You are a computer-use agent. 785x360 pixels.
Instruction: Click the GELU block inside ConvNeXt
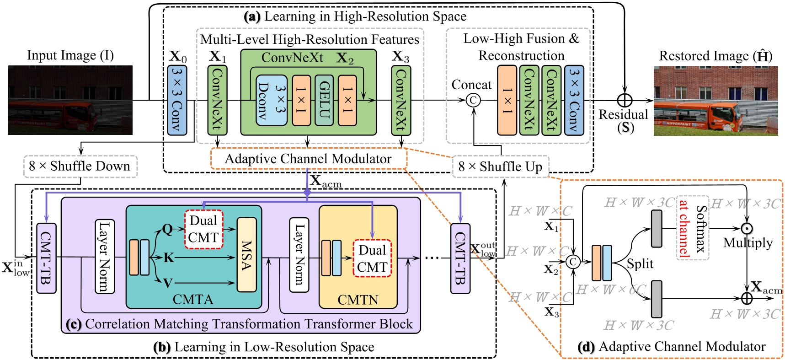tap(324, 100)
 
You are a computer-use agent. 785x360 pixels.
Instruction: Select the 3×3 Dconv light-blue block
tap(272, 100)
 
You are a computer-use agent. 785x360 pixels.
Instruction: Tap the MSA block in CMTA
tap(246, 254)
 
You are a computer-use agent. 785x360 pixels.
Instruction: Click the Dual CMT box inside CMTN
tap(372, 258)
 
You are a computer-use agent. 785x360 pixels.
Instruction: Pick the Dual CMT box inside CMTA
tap(203, 229)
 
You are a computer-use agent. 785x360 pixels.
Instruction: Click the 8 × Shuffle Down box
tap(80, 166)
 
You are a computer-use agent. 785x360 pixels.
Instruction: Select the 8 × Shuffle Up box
tap(501, 167)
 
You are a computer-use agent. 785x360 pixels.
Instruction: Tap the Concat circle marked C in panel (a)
tap(473, 100)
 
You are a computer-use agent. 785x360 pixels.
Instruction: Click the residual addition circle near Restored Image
tap(625, 100)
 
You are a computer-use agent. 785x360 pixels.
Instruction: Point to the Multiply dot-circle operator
tap(747, 228)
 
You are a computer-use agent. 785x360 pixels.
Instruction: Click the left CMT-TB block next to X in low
tap(46, 258)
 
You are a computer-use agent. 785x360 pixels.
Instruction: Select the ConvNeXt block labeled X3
tap(401, 100)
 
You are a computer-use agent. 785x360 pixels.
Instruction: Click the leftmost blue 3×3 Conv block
tap(177, 100)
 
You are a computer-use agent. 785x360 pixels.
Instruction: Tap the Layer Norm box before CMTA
tap(105, 256)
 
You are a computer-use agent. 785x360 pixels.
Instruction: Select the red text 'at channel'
tap(684, 228)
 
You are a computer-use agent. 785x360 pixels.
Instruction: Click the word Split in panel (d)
tap(640, 264)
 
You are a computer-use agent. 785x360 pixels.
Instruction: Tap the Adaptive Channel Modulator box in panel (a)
tap(308, 159)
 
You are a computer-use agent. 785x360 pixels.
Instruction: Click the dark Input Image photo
tap(70, 100)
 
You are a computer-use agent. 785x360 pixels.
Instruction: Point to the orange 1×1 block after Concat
tap(507, 100)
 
